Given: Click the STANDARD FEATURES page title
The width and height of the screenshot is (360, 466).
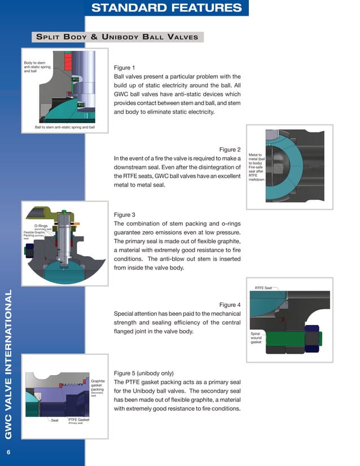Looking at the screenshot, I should (166, 8).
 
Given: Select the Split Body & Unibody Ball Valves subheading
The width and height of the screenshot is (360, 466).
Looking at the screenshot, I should (117, 37).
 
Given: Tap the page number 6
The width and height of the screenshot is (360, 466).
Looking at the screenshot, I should (8, 452).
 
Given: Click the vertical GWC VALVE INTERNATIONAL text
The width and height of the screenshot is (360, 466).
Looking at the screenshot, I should (8, 364).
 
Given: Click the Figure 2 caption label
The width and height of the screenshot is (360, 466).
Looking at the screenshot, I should (230, 150).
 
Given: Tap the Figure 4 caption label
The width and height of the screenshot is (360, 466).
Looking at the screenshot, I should (230, 305).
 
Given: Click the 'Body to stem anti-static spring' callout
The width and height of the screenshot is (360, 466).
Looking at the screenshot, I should (34, 67).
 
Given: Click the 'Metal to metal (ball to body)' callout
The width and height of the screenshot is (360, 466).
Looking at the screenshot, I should (256, 159).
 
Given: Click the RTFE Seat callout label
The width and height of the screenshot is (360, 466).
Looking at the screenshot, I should (263, 288).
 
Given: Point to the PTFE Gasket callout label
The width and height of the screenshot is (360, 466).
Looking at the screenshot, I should (78, 420).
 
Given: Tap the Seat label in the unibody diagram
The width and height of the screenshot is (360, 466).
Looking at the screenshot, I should (55, 420).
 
